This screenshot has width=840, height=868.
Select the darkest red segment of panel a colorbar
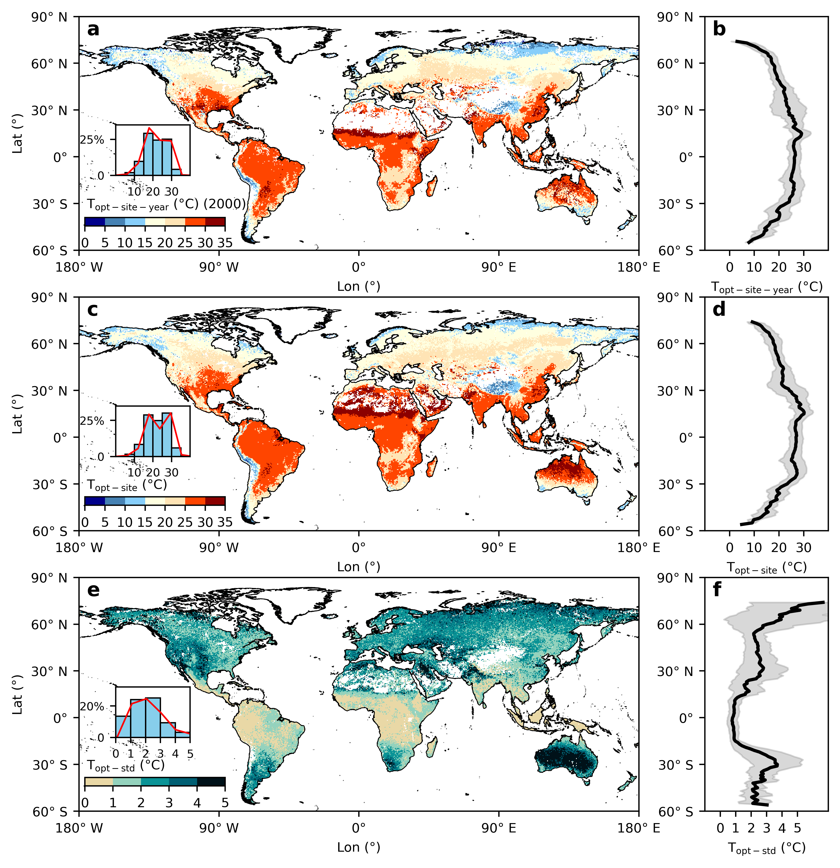pyautogui.click(x=215, y=222)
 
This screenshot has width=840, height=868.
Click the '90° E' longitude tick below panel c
pyautogui.click(x=499, y=548)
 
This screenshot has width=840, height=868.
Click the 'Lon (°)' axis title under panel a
pyautogui.click(x=358, y=287)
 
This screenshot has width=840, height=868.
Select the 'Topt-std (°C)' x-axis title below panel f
pyautogui.click(x=767, y=848)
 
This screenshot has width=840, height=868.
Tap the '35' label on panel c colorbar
pyautogui.click(x=225, y=523)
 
